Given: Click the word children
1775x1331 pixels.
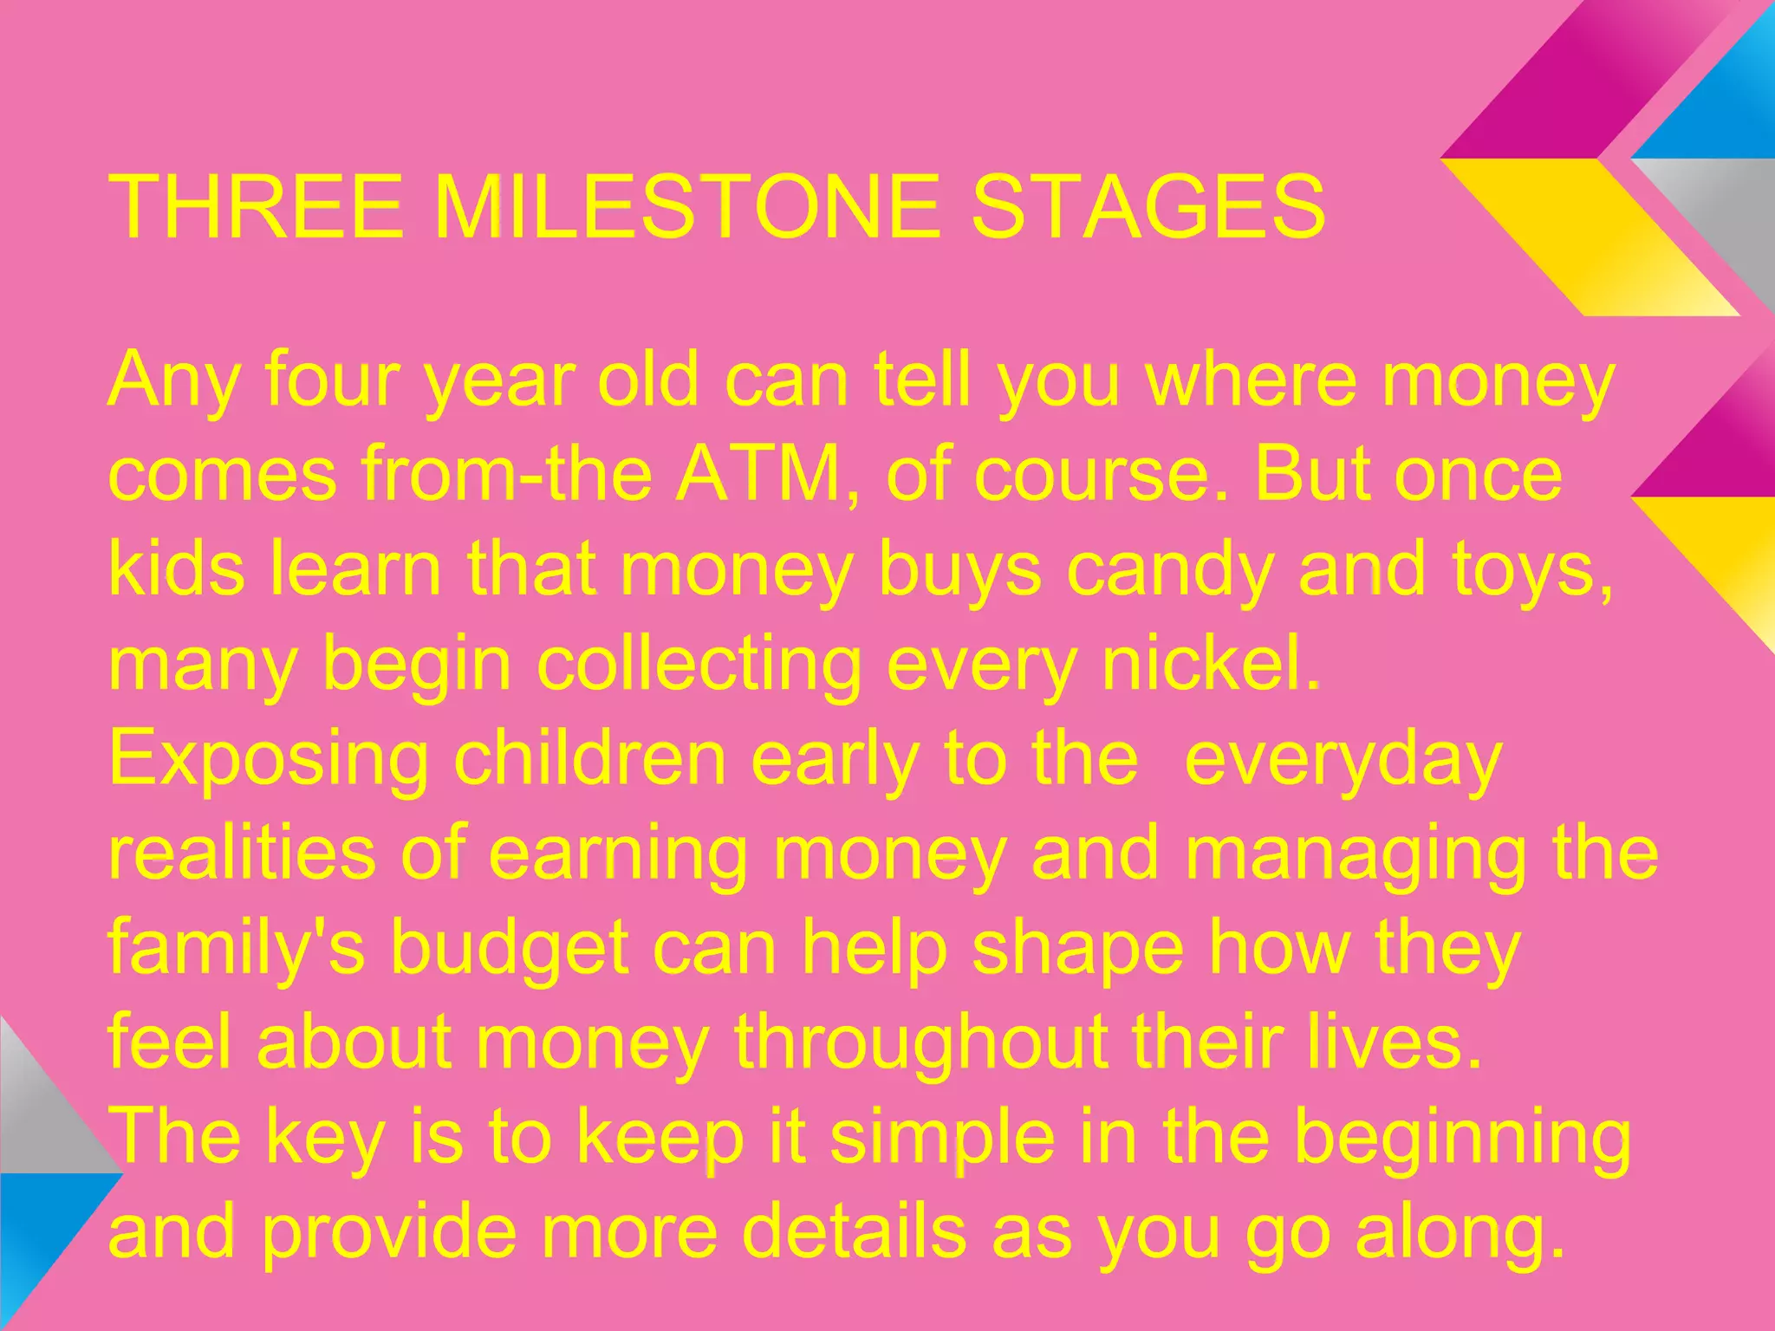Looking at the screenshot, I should (x=589, y=758).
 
